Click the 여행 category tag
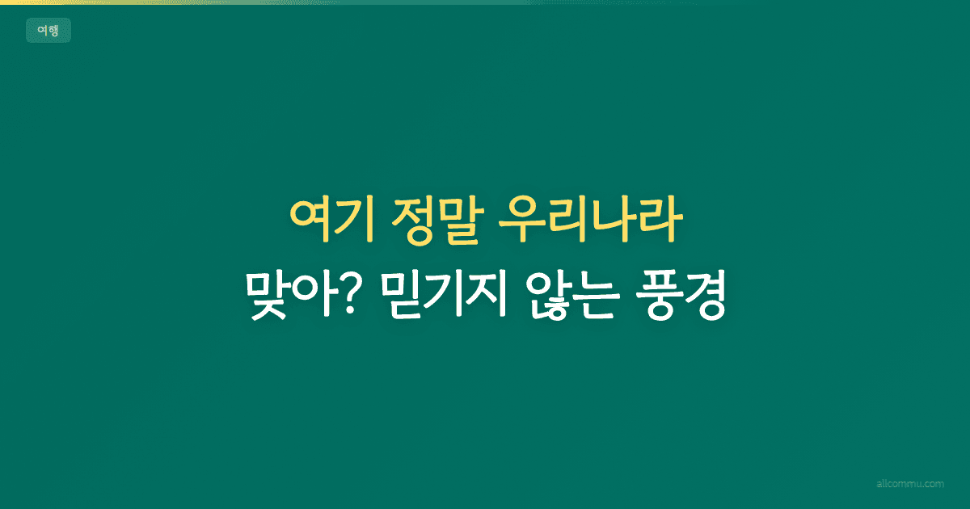(x=48, y=31)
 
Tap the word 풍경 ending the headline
(x=685, y=297)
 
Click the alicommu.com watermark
(x=910, y=484)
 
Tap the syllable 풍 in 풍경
(x=660, y=297)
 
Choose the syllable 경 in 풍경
(x=708, y=297)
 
